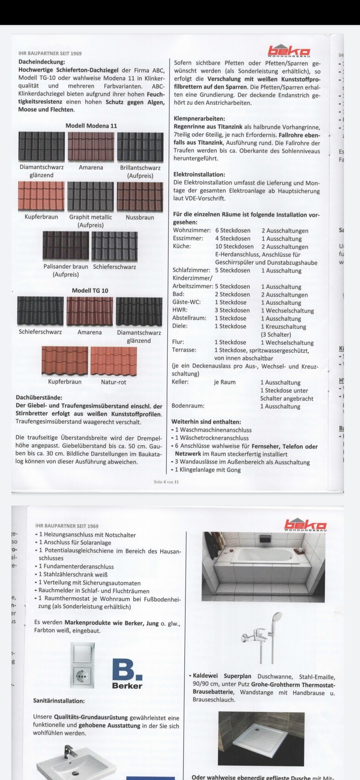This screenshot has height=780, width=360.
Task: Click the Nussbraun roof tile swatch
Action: tap(140, 196)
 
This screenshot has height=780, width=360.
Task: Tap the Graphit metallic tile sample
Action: tap(90, 196)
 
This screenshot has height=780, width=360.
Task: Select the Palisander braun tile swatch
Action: tap(66, 245)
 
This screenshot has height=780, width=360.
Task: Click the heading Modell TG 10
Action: tap(90, 290)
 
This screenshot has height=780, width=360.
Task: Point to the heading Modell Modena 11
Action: tap(91, 126)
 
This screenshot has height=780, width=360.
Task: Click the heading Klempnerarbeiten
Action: tap(199, 118)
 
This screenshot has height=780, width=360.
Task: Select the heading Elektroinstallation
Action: tap(199, 174)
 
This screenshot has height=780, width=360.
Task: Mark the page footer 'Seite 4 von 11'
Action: tap(166, 482)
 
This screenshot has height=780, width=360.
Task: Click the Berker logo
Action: tap(127, 674)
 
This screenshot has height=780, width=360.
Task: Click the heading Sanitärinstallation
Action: tap(59, 701)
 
